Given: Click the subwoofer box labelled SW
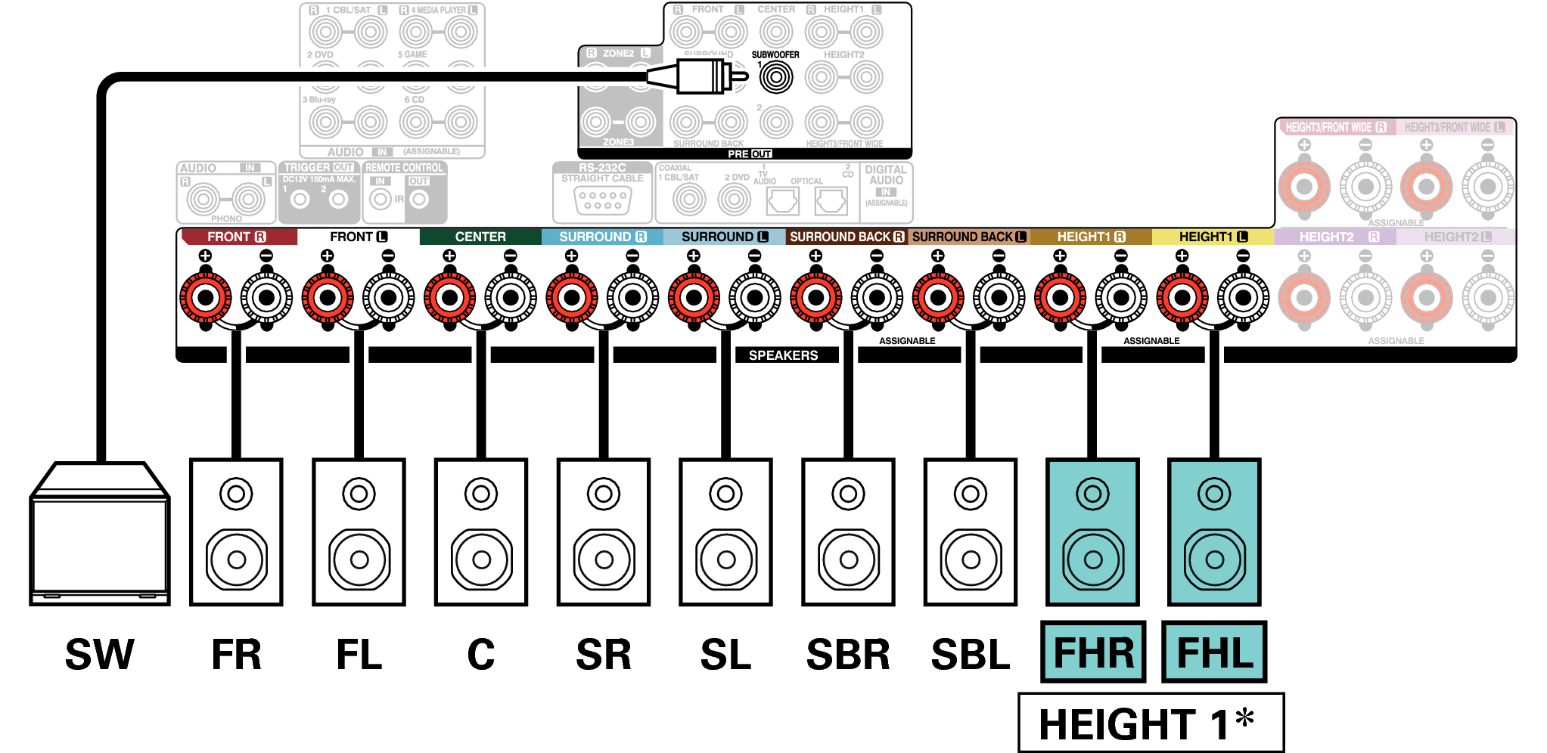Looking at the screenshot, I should pyautogui.click(x=99, y=537).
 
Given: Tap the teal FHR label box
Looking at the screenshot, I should pyautogui.click(x=1093, y=652).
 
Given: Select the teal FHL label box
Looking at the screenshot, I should pyautogui.click(x=1214, y=652).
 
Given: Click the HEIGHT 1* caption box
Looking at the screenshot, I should pyautogui.click(x=1150, y=723).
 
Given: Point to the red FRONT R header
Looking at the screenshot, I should pyautogui.click(x=238, y=237).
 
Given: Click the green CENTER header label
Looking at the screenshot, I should pyautogui.click(x=480, y=237).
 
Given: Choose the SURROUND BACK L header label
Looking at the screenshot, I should pyautogui.click(x=969, y=237).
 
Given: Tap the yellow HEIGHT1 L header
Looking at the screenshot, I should pyautogui.click(x=1213, y=237).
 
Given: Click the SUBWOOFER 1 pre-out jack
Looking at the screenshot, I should pyautogui.click(x=775, y=77).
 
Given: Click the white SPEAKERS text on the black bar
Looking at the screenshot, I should pyautogui.click(x=783, y=355).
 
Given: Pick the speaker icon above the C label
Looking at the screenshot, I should pyautogui.click(x=481, y=531).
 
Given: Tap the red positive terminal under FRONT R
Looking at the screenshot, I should pyautogui.click(x=205, y=297).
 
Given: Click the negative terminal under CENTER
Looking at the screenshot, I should pyautogui.click(x=511, y=297).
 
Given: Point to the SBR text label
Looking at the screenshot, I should pyautogui.click(x=848, y=655).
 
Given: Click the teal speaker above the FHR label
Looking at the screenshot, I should pyautogui.click(x=1092, y=531).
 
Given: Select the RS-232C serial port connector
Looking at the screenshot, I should pyautogui.click(x=602, y=200).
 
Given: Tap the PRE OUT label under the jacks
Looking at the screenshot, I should pyautogui.click(x=749, y=153).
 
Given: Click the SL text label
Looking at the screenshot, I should pyautogui.click(x=725, y=655).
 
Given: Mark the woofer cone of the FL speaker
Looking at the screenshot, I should pyautogui.click(x=359, y=559).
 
